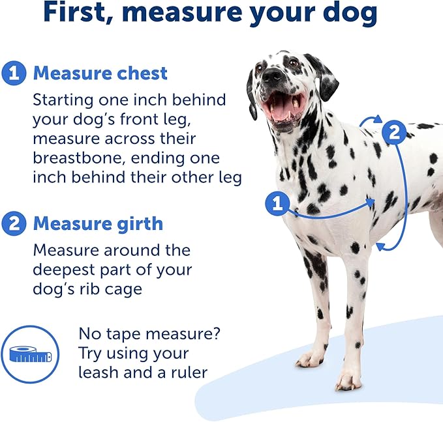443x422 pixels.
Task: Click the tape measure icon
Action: pos(30,354)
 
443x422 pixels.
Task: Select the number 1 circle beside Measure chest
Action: pos(14,73)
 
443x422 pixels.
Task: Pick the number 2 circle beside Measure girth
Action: pos(14,223)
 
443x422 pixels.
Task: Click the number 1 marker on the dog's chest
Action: pos(278,204)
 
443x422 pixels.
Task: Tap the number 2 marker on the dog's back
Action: pos(394,133)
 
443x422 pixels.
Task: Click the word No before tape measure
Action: pos(90,334)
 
